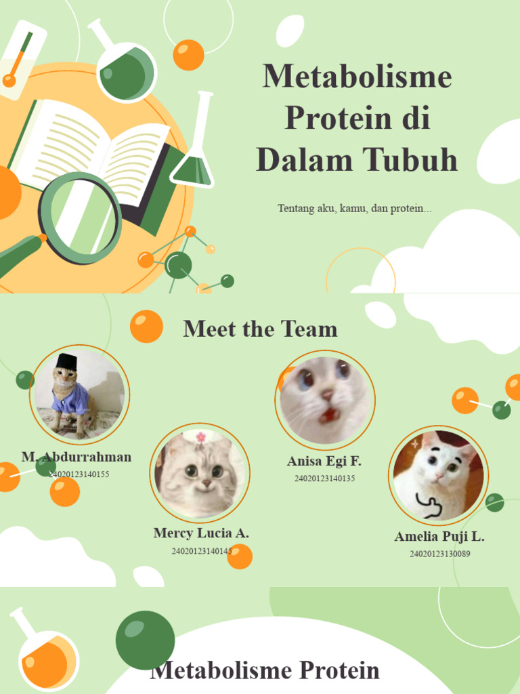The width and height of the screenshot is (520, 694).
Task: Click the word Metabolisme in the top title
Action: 357,76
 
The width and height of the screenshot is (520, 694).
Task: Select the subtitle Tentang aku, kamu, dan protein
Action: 354,208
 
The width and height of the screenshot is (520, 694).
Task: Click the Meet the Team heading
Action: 260,329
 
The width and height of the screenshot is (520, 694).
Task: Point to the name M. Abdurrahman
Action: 77,457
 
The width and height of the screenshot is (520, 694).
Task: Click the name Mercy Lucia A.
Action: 201,533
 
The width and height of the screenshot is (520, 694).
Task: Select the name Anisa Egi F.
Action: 324,462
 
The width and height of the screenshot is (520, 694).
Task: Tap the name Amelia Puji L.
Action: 439,537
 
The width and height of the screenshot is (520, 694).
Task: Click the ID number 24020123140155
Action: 79,474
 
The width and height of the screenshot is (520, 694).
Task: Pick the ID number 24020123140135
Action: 324,478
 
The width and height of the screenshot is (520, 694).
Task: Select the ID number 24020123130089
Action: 439,554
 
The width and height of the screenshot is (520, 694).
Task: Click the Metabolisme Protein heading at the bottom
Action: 264,671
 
